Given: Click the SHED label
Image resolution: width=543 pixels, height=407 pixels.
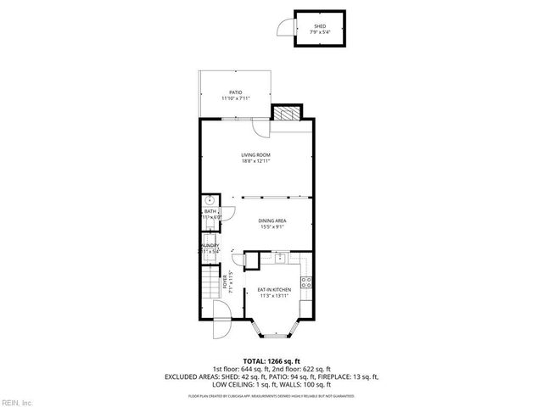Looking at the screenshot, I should tap(320, 26).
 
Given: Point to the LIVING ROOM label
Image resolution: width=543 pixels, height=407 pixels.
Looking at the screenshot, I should tap(255, 154).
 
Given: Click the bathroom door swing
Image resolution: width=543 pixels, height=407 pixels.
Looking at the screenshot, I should tap(228, 215).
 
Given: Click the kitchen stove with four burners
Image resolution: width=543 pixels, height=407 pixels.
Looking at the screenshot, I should tap(309, 282).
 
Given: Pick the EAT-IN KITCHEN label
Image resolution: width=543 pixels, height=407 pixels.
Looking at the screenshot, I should tap(273, 290).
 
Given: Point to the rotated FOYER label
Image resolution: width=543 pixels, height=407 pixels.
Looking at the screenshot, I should tap(225, 281).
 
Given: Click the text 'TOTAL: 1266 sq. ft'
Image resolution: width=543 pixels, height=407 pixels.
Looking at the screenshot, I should tap(271, 360).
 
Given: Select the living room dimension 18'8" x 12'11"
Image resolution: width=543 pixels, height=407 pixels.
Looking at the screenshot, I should tap(255, 161).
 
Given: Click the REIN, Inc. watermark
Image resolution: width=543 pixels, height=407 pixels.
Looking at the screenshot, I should tap(17, 401).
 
